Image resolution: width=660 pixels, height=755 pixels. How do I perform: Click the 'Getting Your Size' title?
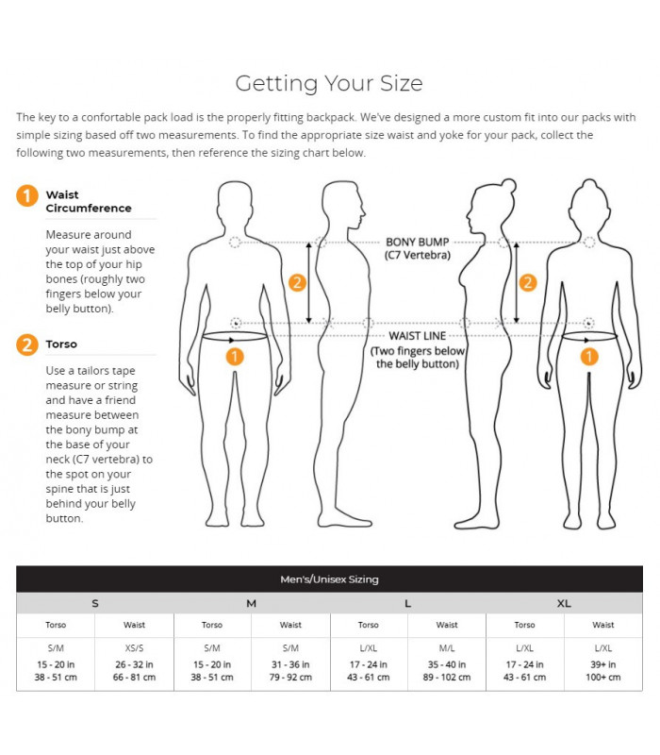click(329, 84)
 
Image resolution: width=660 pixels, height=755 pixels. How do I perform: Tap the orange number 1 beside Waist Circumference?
click(27, 196)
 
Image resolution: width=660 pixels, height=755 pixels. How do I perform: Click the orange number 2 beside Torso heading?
click(27, 344)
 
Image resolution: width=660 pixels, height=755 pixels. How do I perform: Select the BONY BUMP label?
click(418, 243)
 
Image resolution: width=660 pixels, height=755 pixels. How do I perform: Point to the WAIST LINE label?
click(418, 336)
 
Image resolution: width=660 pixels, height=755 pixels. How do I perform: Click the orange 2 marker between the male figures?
click(297, 282)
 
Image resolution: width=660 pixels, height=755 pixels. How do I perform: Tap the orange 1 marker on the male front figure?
click(235, 357)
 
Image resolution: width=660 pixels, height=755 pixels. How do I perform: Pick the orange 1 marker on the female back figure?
click(589, 357)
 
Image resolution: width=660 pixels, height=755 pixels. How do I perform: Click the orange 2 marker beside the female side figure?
click(528, 282)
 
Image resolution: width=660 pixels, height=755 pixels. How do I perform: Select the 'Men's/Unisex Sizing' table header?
click(329, 579)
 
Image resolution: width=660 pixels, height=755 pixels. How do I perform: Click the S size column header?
click(95, 603)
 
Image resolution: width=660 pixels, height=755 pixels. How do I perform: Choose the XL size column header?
click(564, 603)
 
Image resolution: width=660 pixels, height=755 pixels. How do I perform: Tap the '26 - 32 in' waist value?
click(134, 664)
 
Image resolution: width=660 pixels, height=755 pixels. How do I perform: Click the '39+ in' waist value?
click(603, 664)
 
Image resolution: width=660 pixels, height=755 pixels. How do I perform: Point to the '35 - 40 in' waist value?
click(447, 664)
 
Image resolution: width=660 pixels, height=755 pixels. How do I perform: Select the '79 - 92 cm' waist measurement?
click(290, 677)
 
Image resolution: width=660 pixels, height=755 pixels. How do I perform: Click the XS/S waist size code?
click(134, 648)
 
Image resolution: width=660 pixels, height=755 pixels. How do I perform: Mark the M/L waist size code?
click(447, 648)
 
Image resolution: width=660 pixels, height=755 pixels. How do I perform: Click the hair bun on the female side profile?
click(508, 185)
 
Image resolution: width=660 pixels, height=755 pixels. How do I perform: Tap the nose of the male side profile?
click(363, 210)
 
